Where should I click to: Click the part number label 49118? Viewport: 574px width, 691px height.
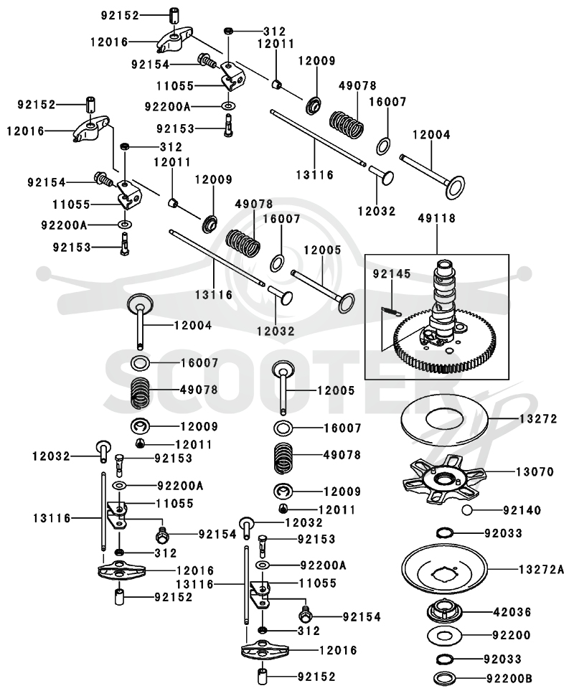[x=436, y=218]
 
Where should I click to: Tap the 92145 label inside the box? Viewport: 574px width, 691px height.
[x=392, y=273]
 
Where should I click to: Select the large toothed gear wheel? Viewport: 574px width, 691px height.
[x=444, y=342]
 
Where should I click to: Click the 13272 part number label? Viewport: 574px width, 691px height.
[x=538, y=418]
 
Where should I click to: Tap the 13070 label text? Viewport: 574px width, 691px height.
[x=535, y=472]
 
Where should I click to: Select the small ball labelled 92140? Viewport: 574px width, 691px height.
[x=466, y=510]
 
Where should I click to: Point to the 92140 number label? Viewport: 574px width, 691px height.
[x=522, y=510]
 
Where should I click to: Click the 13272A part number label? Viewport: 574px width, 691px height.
[x=541, y=569]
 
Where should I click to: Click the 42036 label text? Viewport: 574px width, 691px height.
[x=512, y=611]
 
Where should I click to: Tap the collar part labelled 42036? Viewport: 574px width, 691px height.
[x=444, y=611]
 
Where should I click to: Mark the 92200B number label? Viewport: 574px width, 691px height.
[x=509, y=678]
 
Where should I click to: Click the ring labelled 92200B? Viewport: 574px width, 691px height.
[x=444, y=677]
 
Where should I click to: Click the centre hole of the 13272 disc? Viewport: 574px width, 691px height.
[x=444, y=416]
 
